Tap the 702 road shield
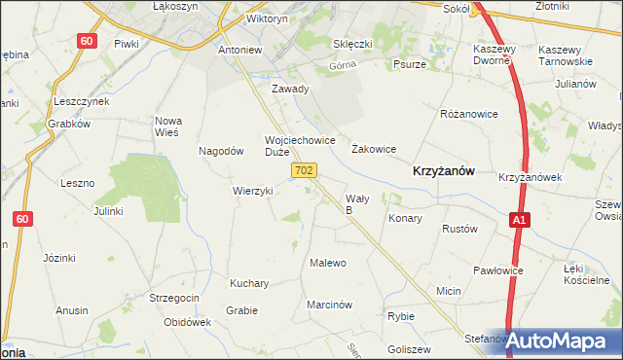304,171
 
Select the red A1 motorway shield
521,222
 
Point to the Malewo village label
327,263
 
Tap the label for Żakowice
373,149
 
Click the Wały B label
356,203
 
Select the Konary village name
405,219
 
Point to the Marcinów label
328,305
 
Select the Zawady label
290,89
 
